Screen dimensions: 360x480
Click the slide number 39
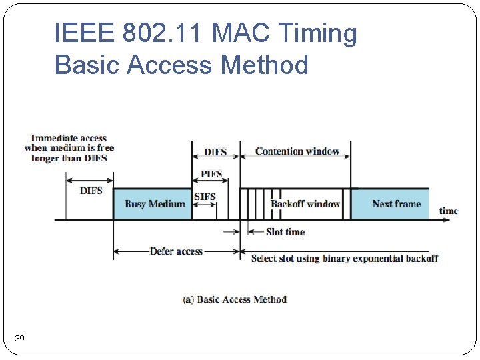tap(20, 339)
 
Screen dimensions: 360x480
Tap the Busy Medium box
tap(154, 203)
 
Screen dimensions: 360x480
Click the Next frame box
tap(396, 203)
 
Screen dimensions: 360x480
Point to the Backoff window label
tap(305, 203)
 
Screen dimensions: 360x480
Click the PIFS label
tap(211, 175)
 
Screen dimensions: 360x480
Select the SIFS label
tap(205, 197)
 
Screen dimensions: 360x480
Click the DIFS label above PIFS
tap(215, 152)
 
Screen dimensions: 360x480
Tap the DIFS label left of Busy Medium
tap(91, 191)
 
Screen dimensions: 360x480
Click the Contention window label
tap(297, 151)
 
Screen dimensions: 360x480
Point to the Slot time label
tap(285, 232)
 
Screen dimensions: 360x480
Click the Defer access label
tap(176, 251)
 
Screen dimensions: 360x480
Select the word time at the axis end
tap(449, 211)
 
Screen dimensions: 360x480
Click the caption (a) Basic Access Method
tap(234, 299)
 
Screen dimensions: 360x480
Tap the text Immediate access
tap(69, 138)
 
